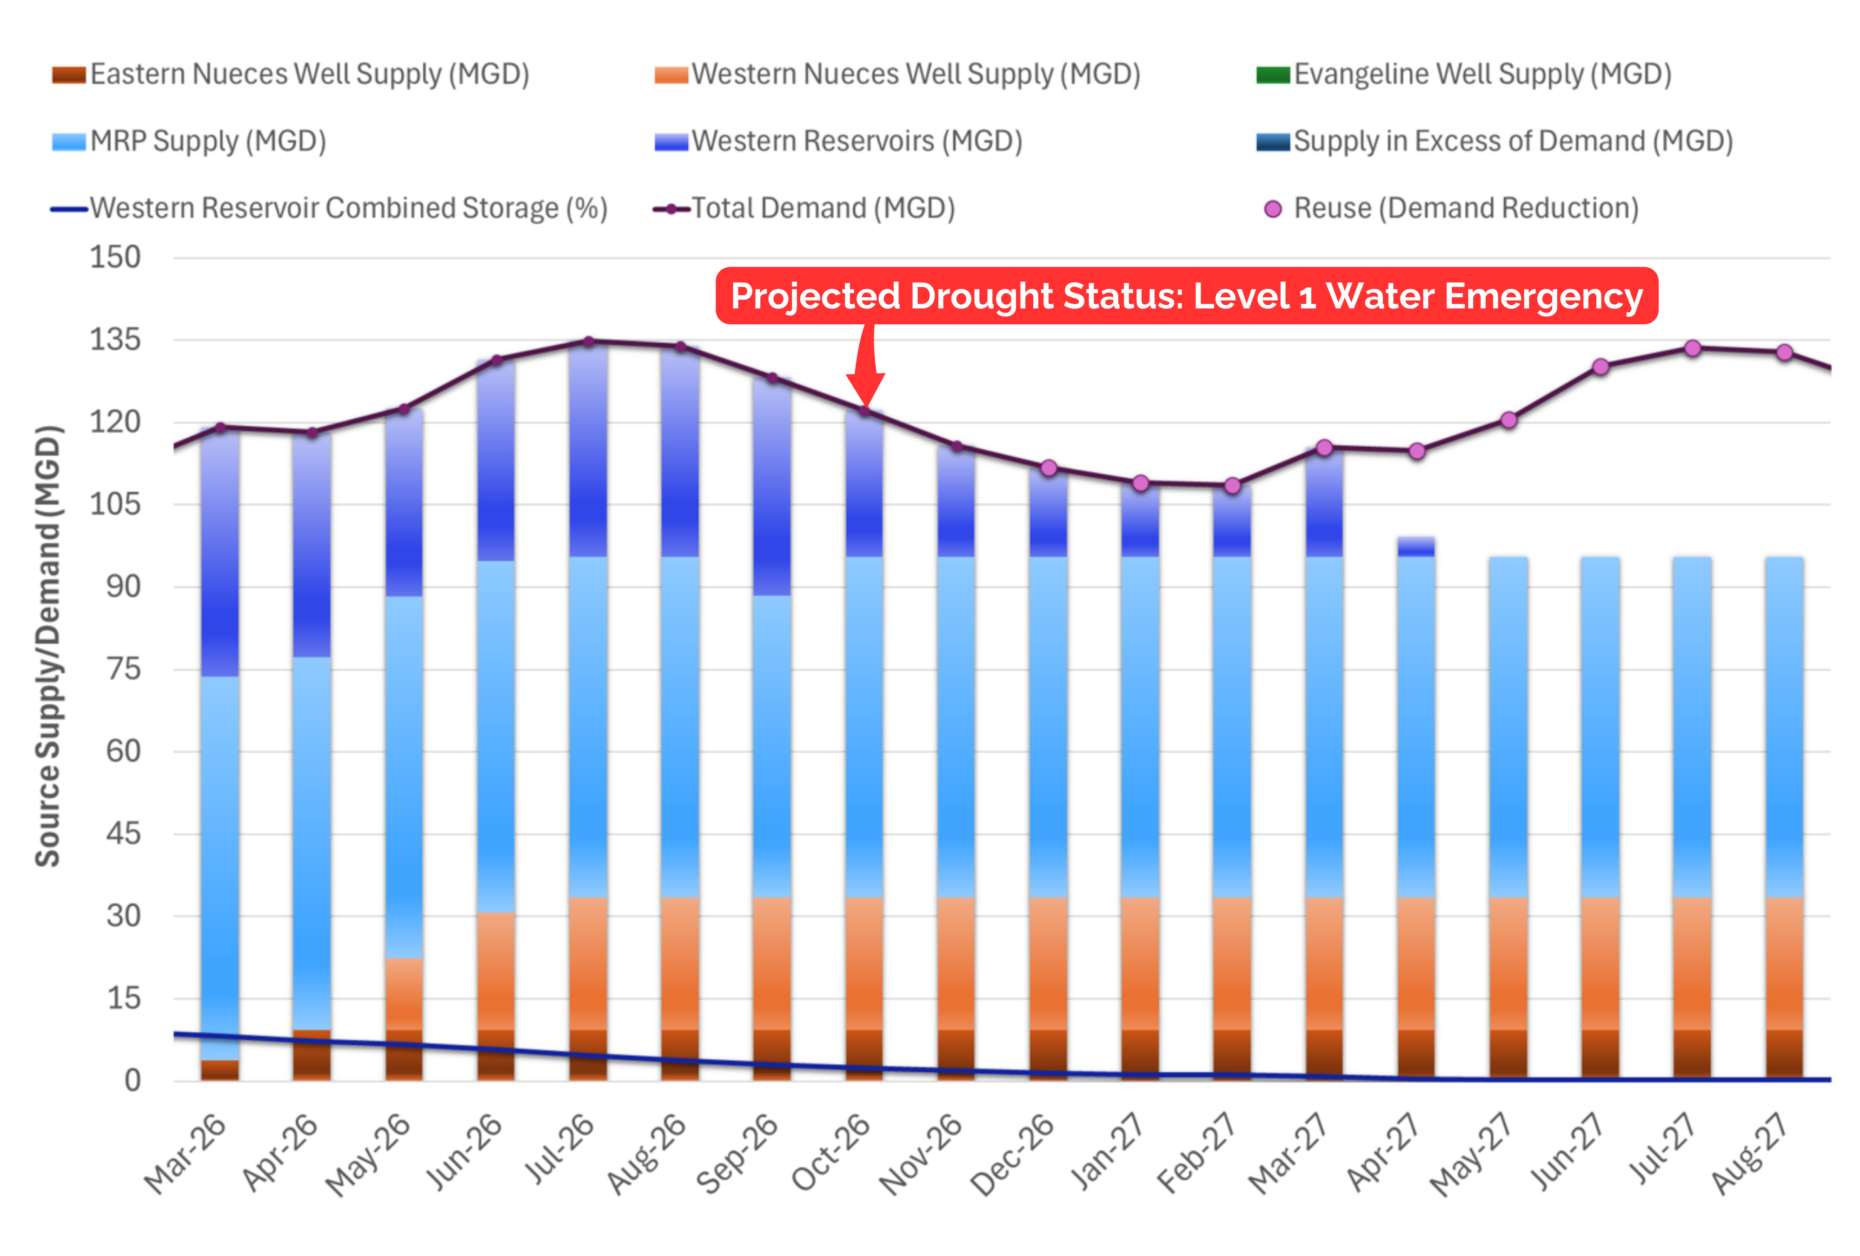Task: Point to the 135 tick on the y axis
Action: (x=114, y=340)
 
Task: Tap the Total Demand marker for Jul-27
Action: (x=1692, y=348)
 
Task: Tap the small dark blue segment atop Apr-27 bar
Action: (x=1416, y=547)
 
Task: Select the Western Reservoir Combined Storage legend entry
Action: (x=329, y=209)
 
